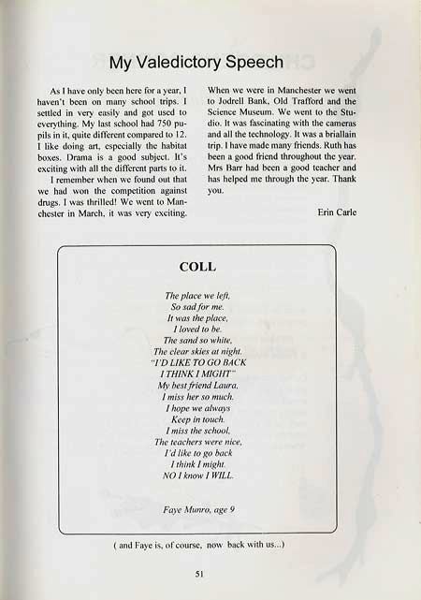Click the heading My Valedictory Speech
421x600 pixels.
196,64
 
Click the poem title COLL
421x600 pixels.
196,267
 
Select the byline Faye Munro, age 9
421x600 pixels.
196,510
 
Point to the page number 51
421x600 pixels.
199,573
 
